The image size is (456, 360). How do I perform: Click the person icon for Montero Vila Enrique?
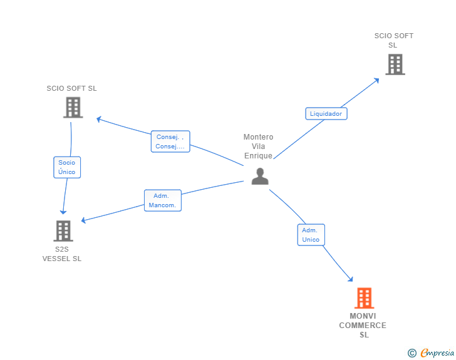pos(260,176)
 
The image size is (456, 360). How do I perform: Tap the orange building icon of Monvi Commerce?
pos(364,298)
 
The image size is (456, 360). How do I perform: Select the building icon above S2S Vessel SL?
pos(63,231)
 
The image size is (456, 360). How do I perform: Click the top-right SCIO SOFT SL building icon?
pos(395,64)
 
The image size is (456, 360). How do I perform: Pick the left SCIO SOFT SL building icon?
pos(73,107)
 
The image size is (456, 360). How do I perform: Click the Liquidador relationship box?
pos(326,114)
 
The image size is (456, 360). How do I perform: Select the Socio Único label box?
pos(67,167)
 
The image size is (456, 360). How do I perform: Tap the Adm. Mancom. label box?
pos(163,200)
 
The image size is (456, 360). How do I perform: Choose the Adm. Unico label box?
pos(311,235)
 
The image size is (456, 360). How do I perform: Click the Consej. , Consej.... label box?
pos(170,141)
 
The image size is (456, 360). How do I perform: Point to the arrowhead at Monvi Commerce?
pos(350,279)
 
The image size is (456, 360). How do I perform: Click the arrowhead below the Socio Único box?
pos(63,212)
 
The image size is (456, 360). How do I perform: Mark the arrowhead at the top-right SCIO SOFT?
pos(376,80)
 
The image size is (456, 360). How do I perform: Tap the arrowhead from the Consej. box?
pos(99,119)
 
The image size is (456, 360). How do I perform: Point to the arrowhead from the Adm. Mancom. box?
pos(83,220)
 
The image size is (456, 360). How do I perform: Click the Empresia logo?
pos(437,352)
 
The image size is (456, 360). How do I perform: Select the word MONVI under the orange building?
pos(363,316)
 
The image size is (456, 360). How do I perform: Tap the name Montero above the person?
pos(258,137)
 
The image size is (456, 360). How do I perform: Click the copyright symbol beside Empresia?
pos(412,353)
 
